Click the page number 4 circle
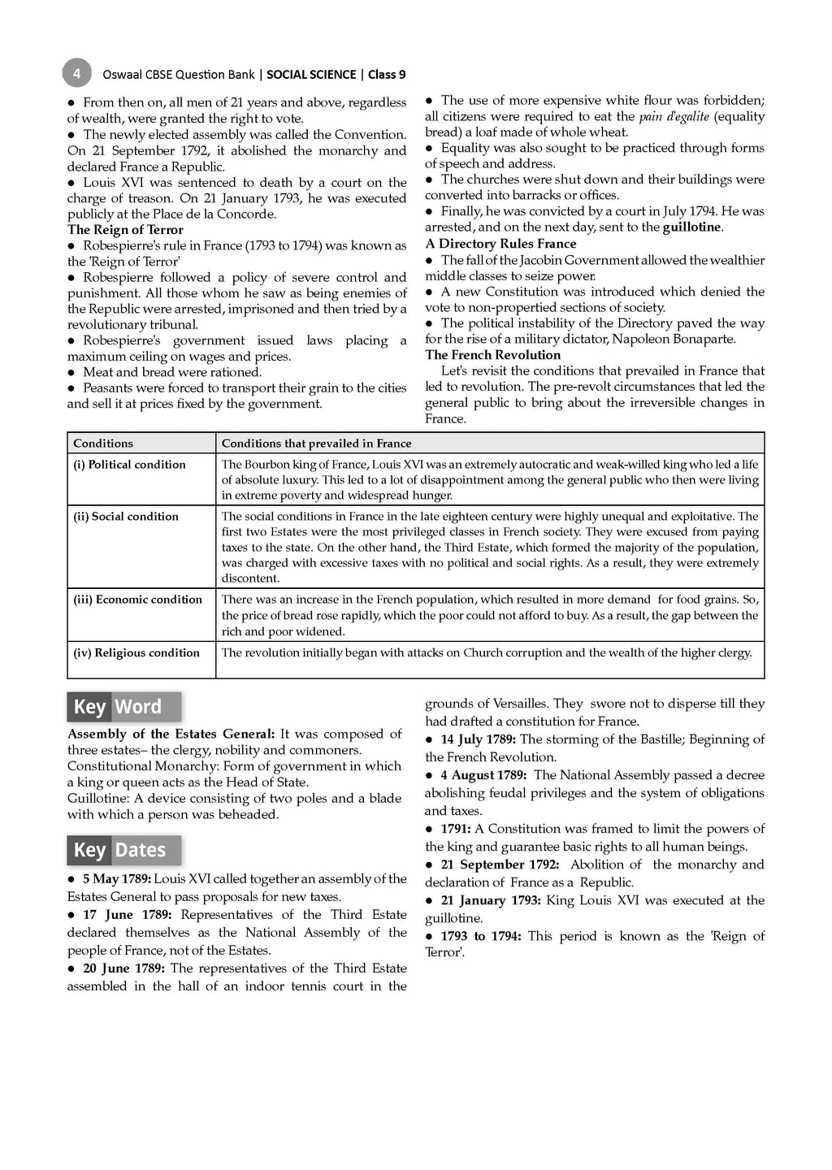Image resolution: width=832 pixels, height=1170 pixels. tap(76, 74)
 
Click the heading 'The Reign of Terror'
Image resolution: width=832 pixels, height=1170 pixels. tap(125, 230)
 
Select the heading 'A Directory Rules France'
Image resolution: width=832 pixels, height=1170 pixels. tap(500, 244)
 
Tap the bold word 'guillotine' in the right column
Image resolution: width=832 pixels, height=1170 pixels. tap(691, 227)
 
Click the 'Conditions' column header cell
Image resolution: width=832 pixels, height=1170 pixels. tap(103, 444)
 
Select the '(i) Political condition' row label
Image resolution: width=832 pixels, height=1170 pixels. tap(130, 465)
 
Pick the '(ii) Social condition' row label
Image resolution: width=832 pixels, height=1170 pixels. tap(126, 517)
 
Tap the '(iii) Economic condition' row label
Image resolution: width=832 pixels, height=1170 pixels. tap(138, 600)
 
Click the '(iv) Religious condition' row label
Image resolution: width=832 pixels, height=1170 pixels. tap(136, 653)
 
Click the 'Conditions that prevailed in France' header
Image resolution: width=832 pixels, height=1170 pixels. tap(317, 444)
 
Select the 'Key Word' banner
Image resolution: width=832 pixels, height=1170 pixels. tap(123, 707)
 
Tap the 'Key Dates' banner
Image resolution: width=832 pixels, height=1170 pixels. tap(123, 850)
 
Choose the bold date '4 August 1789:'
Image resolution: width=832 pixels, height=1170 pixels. tap(483, 775)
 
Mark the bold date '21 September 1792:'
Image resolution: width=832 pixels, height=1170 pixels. tap(500, 864)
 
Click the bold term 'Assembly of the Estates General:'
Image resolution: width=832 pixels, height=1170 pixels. tap(171, 734)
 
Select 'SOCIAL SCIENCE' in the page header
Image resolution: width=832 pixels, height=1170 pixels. tap(311, 75)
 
